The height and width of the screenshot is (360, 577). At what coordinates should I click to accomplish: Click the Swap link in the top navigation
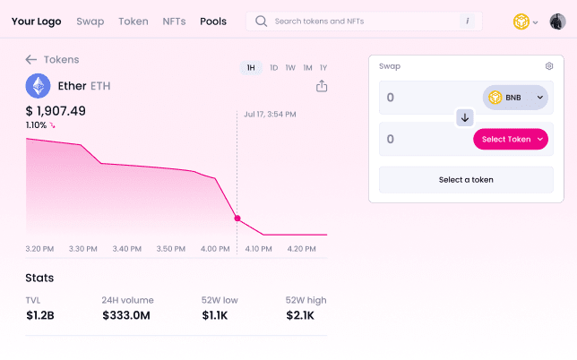pyautogui.click(x=90, y=21)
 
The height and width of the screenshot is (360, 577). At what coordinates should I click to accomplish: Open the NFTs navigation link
pyautogui.click(x=174, y=21)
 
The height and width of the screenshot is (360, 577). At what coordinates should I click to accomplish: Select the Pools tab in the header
pyautogui.click(x=213, y=21)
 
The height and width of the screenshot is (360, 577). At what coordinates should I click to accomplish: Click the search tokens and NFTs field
pyautogui.click(x=363, y=21)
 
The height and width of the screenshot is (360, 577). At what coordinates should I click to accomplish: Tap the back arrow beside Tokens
pyautogui.click(x=31, y=59)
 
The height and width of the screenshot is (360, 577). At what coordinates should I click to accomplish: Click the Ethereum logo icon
pyautogui.click(x=38, y=85)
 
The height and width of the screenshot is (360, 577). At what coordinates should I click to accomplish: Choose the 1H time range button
pyautogui.click(x=251, y=68)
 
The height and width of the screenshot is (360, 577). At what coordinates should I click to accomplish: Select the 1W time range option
pyautogui.click(x=290, y=68)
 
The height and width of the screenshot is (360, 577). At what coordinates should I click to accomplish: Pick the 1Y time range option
pyautogui.click(x=323, y=68)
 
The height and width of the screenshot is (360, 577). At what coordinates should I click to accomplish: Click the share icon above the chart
pyautogui.click(x=322, y=86)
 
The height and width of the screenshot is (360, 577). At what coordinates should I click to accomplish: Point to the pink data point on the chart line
pyautogui.click(x=237, y=219)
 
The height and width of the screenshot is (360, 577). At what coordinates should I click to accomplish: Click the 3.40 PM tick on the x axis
pyautogui.click(x=127, y=249)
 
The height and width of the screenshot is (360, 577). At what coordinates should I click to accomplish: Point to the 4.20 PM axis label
pyautogui.click(x=303, y=249)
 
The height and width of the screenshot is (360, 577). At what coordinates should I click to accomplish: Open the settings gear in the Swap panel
pyautogui.click(x=549, y=66)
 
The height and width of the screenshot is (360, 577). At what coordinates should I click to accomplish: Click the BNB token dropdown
pyautogui.click(x=515, y=98)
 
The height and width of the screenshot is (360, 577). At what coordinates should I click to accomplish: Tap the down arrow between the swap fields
pyautogui.click(x=465, y=117)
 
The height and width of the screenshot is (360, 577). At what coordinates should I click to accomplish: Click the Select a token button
pyautogui.click(x=466, y=179)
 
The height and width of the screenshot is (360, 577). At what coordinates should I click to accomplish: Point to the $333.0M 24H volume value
pyautogui.click(x=126, y=315)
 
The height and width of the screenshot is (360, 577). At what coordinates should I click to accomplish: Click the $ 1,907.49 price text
pyautogui.click(x=56, y=111)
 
